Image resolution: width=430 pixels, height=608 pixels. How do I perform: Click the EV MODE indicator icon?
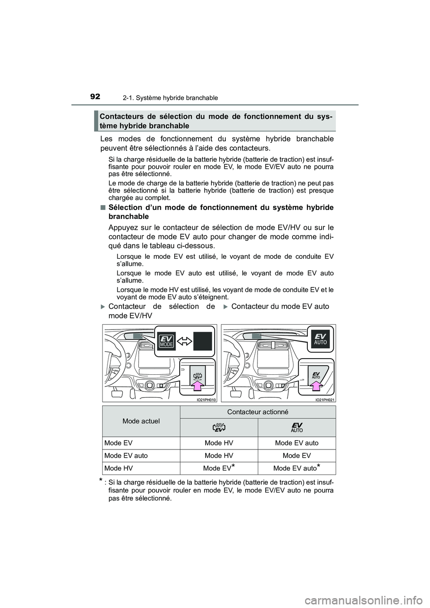tap(167, 342)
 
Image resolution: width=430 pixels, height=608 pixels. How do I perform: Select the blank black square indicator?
tap(202, 341)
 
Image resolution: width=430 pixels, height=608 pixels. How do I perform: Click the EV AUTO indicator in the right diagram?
tap(321, 339)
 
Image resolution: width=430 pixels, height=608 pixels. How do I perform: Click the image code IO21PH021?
tap(325, 398)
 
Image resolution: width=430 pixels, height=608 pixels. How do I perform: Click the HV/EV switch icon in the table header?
tap(219, 428)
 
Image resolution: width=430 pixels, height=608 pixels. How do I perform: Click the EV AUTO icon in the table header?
tap(297, 428)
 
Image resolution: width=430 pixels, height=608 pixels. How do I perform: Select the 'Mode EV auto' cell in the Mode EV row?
tap(297, 443)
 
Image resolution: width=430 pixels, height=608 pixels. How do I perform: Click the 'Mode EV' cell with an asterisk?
tap(219, 468)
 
